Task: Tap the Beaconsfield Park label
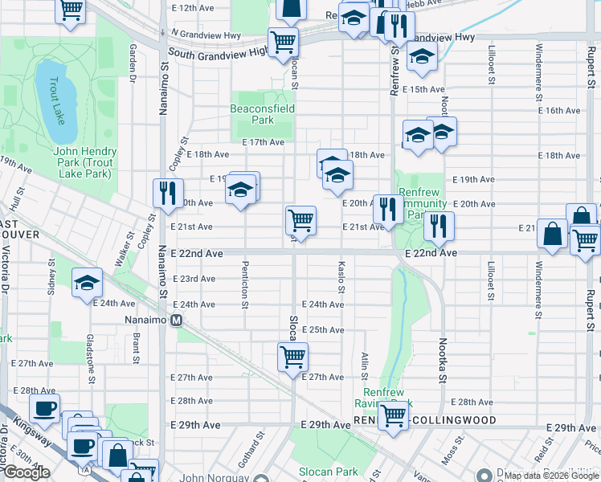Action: (262, 114)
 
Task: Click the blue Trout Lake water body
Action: (55, 96)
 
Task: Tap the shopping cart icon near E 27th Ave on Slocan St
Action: (293, 355)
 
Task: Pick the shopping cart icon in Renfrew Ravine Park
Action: (393, 416)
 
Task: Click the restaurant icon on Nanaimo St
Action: (166, 193)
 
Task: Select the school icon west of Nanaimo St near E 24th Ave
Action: (88, 283)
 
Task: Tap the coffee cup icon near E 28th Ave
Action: (44, 407)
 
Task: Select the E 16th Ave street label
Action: (559, 111)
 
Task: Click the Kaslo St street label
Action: (341, 277)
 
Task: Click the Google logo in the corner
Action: (27, 472)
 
